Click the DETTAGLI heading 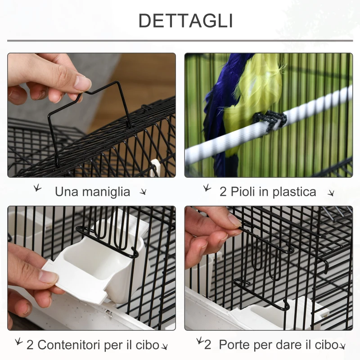[185, 21]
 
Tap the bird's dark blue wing [220, 103]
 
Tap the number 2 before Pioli [223, 192]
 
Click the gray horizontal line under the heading [180, 40]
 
